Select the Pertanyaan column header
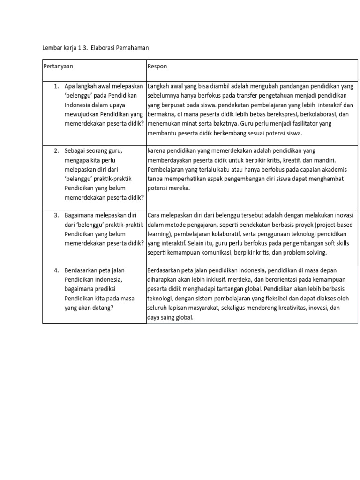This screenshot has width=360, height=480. pos(58,67)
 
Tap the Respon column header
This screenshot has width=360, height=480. pos(157,67)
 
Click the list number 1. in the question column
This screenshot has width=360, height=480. pos(56,86)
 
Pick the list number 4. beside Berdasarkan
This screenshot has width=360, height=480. pos(56,270)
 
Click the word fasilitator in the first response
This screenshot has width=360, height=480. pos(305,124)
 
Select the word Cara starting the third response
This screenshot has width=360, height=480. pos(155,215)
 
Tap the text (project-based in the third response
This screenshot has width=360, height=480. pos(330,225)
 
